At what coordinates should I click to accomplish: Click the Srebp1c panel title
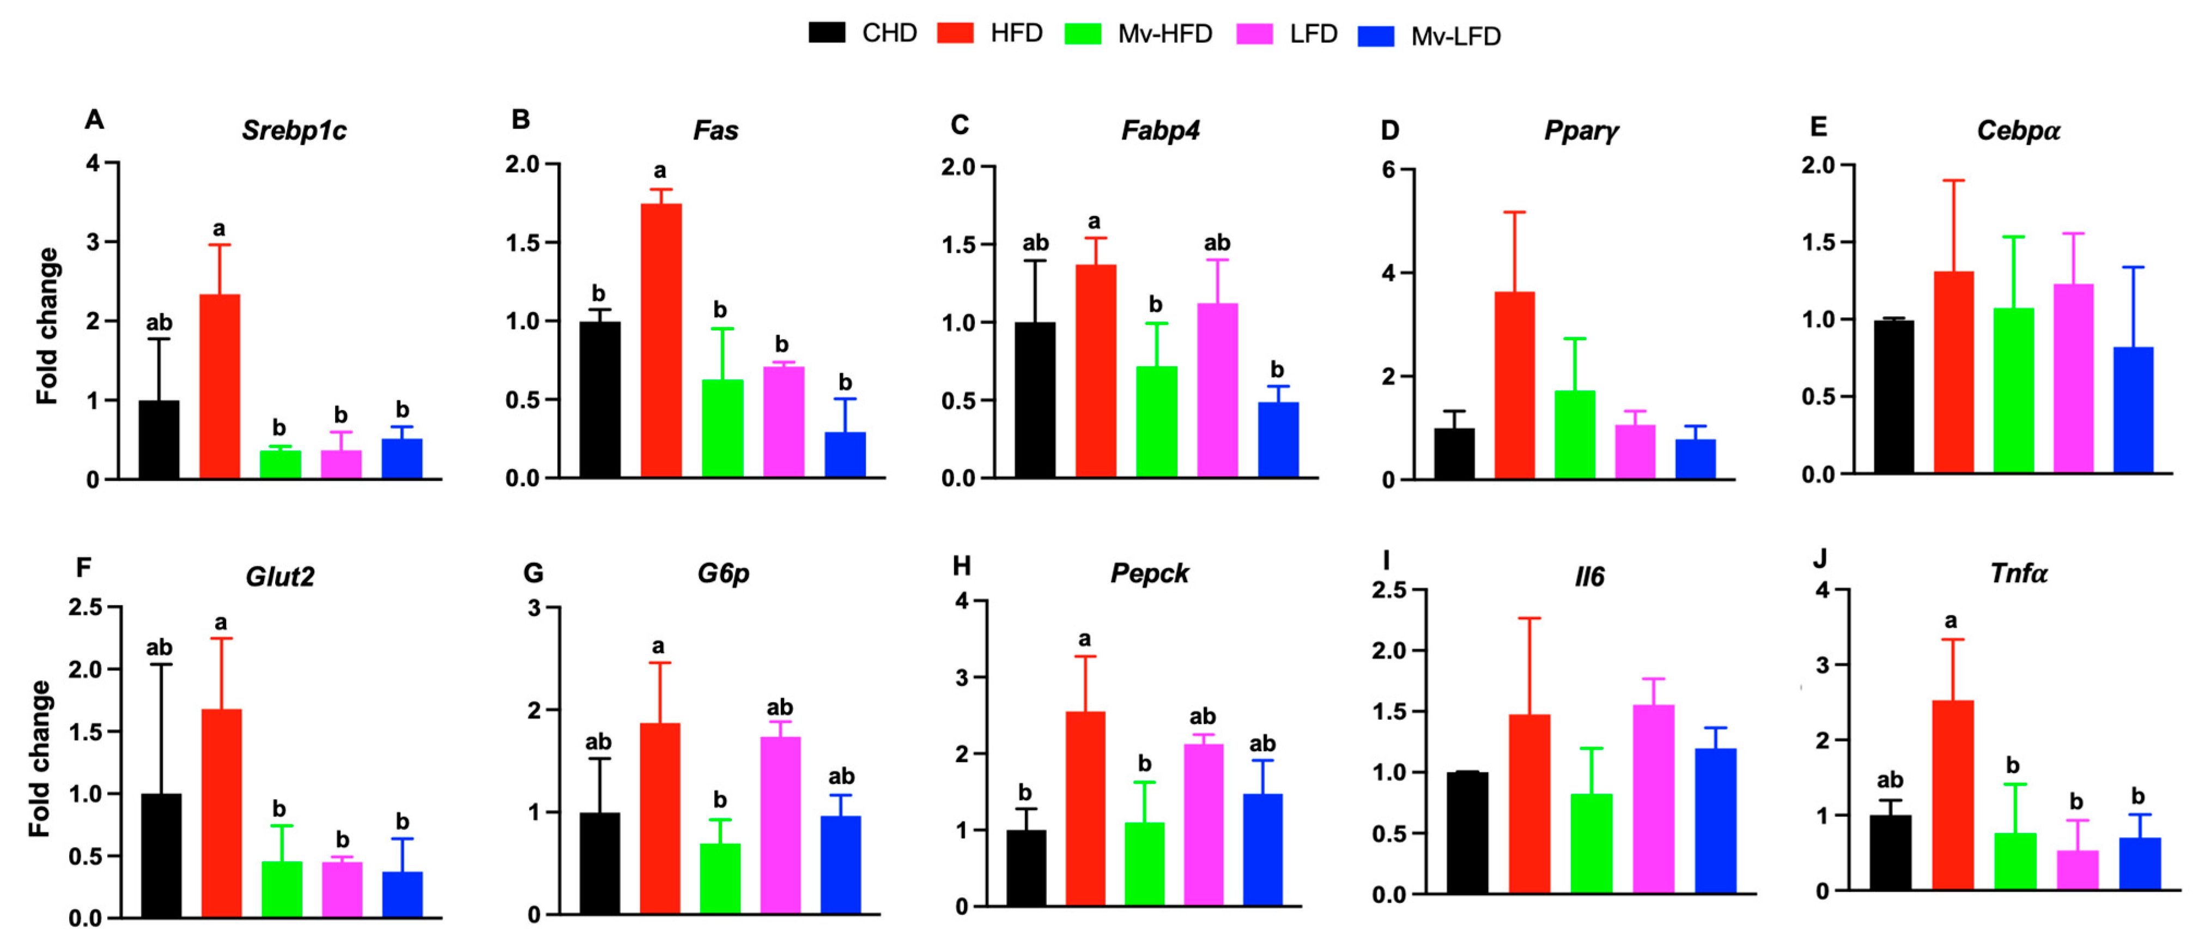pos(294,130)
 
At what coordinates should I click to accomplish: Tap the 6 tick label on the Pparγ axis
pos(1388,170)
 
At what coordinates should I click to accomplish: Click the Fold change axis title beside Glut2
pos(39,759)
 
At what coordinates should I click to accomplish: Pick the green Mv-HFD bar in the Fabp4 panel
pos(1156,421)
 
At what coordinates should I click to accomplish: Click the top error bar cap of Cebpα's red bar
pos(1953,181)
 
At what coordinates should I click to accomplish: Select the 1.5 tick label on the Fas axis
pos(523,243)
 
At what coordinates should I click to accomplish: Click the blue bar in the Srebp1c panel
pos(402,458)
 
